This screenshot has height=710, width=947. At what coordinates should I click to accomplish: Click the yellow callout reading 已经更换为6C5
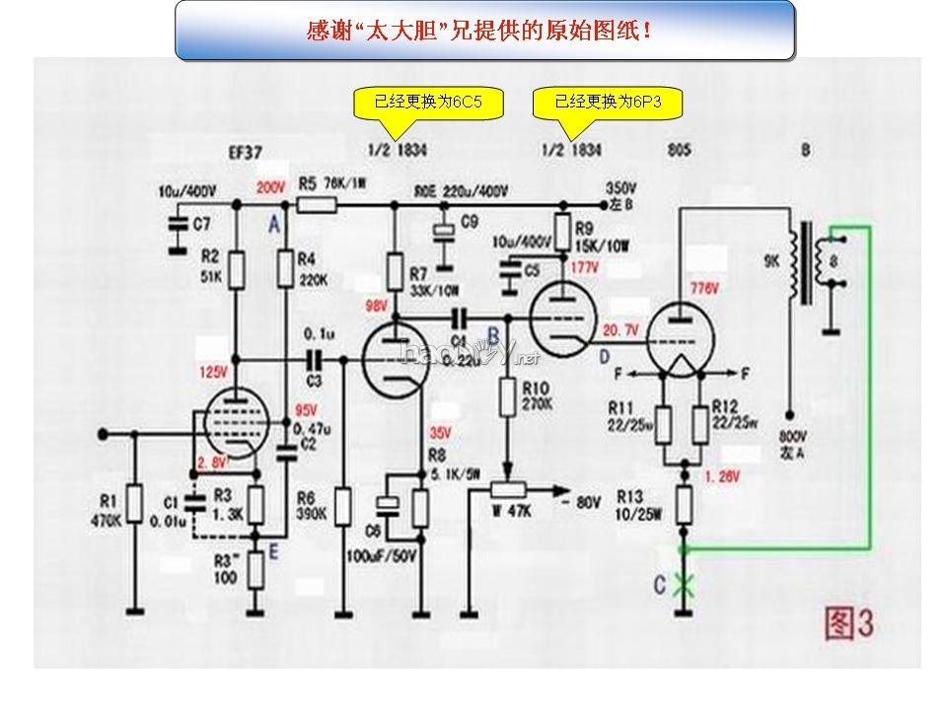pyautogui.click(x=428, y=102)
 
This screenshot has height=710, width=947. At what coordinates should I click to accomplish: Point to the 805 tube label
pyautogui.click(x=679, y=152)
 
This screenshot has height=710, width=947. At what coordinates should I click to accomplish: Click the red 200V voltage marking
pyautogui.click(x=269, y=187)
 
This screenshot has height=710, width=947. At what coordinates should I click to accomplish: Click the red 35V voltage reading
pyautogui.click(x=439, y=432)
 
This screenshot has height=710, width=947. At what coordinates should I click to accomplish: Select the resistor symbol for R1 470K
pyautogui.click(x=134, y=505)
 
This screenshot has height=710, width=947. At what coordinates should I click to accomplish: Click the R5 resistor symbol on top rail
pyautogui.click(x=317, y=205)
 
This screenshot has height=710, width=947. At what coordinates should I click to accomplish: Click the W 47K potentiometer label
pyautogui.click(x=512, y=511)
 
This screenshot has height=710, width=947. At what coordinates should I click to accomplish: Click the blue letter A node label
pyautogui.click(x=273, y=225)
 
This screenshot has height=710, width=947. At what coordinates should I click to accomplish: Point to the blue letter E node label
pyautogui.click(x=273, y=552)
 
